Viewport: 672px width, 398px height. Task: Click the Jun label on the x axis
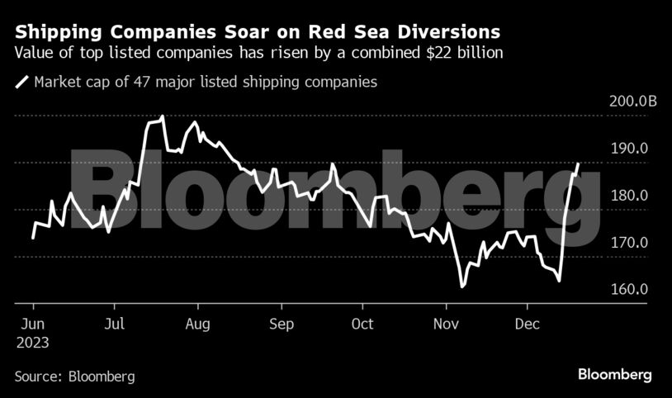[32, 324]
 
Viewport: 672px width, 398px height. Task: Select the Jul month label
[115, 324]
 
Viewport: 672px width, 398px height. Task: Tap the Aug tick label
[197, 324]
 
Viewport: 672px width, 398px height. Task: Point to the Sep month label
[282, 324]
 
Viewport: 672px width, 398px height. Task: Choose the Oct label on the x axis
[362, 324]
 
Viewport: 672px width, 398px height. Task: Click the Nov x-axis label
[447, 324]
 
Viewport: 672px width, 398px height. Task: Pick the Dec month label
[528, 324]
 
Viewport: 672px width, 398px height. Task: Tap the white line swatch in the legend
[21, 83]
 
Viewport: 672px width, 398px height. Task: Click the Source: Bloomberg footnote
[74, 376]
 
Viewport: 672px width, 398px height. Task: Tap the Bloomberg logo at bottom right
[615, 375]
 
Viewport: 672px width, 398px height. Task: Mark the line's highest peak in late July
[163, 116]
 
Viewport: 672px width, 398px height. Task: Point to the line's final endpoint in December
[578, 163]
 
